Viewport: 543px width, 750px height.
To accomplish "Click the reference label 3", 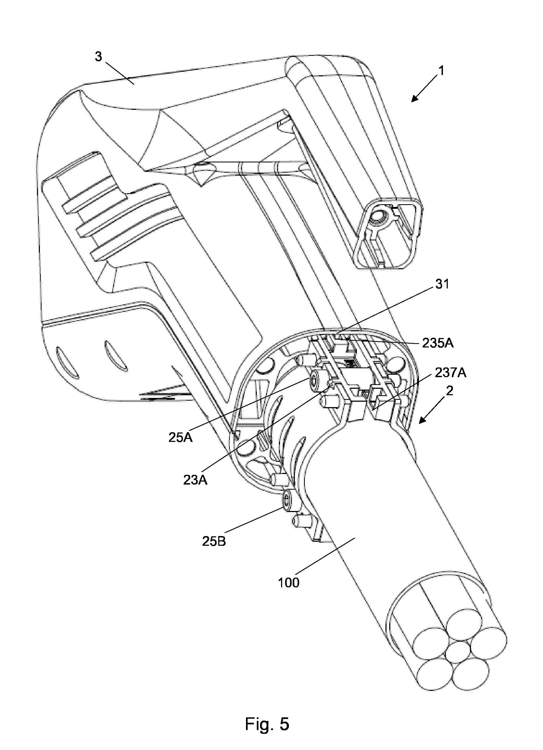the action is [x=98, y=57].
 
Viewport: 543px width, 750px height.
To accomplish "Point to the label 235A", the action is [x=438, y=344].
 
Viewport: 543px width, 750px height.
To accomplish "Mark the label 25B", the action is [x=214, y=541].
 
